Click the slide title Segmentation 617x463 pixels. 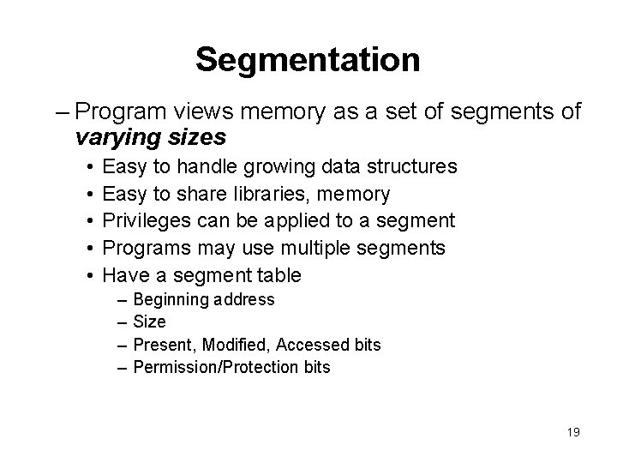pyautogui.click(x=308, y=60)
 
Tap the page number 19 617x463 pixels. pyautogui.click(x=573, y=433)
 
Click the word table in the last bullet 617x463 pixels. pyautogui.click(x=279, y=275)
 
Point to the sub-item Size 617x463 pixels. pyautogui.click(x=150, y=322)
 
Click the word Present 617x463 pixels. pyautogui.click(x=163, y=345)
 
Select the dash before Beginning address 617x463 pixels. pyautogui.click(x=123, y=299)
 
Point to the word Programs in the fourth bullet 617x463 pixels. pyautogui.click(x=141, y=249)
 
